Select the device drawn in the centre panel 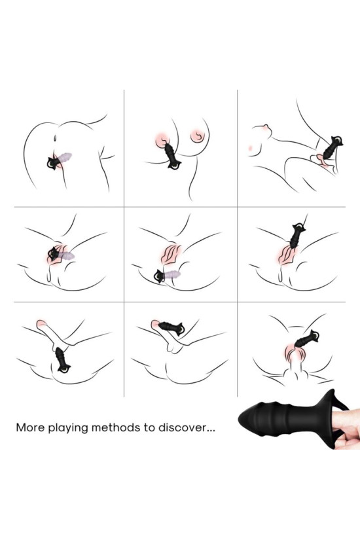coord(167,276)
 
